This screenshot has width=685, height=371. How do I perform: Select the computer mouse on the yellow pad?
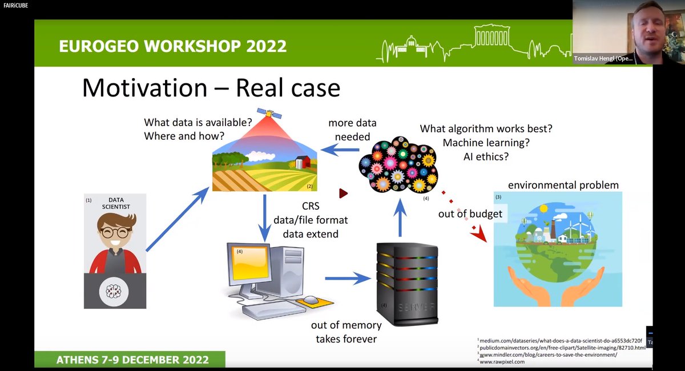(311, 300)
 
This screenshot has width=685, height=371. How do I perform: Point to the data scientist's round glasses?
(116, 232)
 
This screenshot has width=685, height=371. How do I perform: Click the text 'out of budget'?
(470, 214)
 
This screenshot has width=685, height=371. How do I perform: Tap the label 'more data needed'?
(352, 130)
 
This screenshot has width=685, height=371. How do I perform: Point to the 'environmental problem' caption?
(563, 185)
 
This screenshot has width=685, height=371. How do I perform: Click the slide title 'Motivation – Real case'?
(211, 88)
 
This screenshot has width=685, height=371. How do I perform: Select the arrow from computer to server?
(348, 279)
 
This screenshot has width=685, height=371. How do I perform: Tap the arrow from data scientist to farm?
(177, 219)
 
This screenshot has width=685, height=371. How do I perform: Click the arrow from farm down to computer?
(265, 217)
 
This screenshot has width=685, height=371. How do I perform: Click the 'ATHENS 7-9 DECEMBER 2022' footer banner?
(132, 360)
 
